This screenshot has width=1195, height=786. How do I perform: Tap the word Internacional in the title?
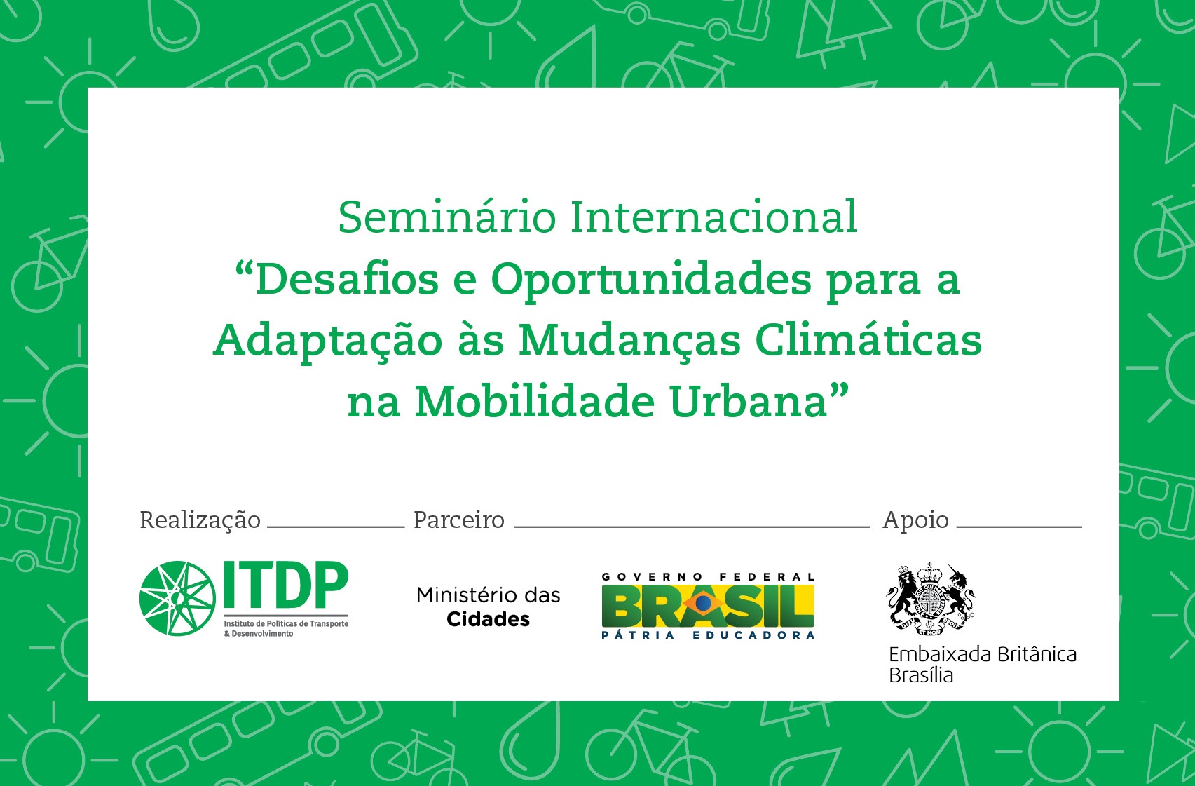coord(713,217)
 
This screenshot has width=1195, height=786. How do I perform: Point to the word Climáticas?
coord(868,340)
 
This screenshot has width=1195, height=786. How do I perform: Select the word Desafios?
coord(347,280)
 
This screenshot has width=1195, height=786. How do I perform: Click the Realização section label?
coord(200,520)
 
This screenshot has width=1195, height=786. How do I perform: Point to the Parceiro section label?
coord(459,520)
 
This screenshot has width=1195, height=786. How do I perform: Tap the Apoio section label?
coord(916,520)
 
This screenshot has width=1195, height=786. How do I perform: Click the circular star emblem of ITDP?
coord(177,598)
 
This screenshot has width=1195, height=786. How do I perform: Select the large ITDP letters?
coord(286,585)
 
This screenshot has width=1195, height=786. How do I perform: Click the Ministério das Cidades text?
coord(488,607)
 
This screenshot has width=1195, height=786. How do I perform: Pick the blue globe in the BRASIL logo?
coord(703,604)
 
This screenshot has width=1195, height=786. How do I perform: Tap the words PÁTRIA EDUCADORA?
coord(708,635)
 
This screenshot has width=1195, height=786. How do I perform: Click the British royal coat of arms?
coord(931,599)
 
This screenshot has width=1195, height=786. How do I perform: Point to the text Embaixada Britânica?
coord(983,655)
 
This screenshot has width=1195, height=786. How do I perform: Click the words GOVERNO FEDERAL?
coord(708,577)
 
